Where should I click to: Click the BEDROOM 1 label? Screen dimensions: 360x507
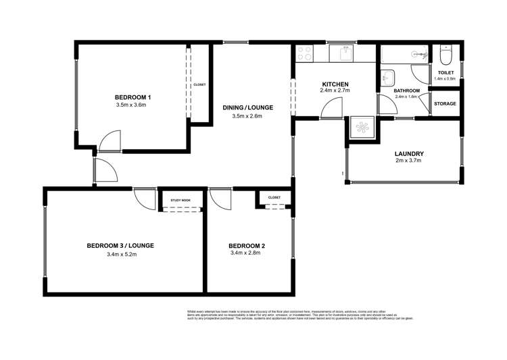point(132,97)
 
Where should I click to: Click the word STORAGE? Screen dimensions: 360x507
point(445,104)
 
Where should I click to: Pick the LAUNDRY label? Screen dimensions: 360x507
point(408,153)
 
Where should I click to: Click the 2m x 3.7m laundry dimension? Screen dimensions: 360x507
point(408,161)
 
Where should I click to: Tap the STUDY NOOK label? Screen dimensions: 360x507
point(180,201)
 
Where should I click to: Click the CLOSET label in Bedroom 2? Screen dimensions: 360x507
point(274,197)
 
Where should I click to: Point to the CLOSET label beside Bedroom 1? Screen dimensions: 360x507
point(199,85)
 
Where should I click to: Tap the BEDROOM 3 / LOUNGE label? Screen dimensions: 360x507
point(120,245)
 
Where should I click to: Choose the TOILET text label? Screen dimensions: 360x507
point(445,72)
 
